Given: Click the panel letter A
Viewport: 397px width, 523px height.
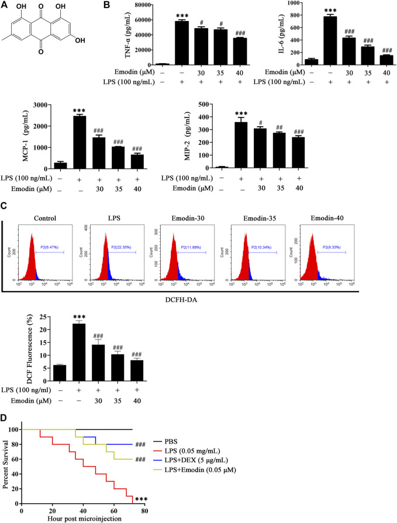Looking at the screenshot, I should pyautogui.click(x=6, y=7).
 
